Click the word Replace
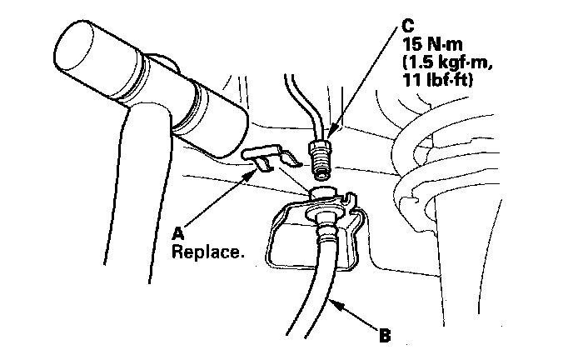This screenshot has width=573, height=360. coord(207,250)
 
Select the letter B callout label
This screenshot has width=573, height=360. coord(385,337)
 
